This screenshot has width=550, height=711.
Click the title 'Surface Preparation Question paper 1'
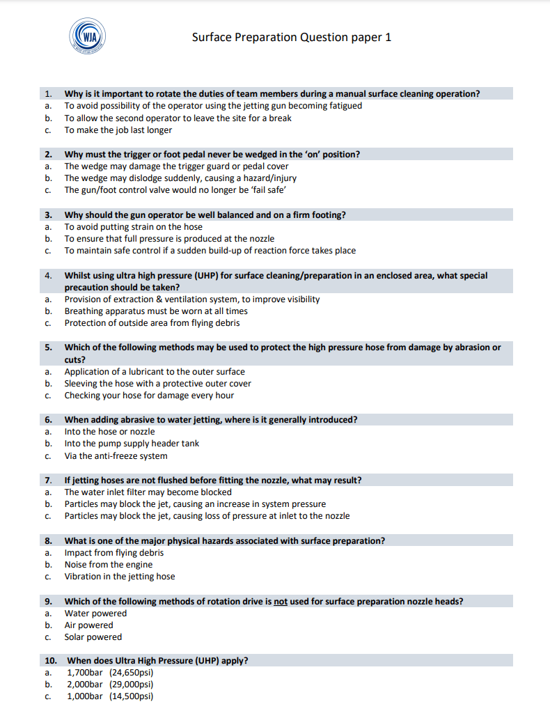point(291,37)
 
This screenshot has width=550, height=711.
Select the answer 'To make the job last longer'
point(118,130)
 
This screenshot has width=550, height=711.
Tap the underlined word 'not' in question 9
point(281,602)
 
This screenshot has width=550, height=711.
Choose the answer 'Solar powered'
point(93,637)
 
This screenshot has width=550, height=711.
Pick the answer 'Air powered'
point(88,625)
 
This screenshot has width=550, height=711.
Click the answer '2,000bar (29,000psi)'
point(109,685)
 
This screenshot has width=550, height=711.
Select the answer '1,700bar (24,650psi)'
point(109,673)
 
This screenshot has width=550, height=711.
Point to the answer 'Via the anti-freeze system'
point(116,456)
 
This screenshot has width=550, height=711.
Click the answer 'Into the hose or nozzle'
point(109,432)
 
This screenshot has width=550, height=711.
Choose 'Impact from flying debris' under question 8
point(113,553)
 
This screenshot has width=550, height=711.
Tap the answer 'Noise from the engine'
point(108,565)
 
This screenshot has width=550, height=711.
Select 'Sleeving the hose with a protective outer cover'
point(157,384)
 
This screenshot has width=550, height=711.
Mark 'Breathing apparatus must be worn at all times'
point(156,311)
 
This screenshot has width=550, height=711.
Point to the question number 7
point(48,480)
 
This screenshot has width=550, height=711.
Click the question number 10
point(50,661)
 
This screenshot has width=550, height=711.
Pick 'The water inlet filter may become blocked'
point(148,492)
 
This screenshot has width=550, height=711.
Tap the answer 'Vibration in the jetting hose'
point(119,577)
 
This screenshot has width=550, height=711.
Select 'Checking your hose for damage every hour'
point(149,396)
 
